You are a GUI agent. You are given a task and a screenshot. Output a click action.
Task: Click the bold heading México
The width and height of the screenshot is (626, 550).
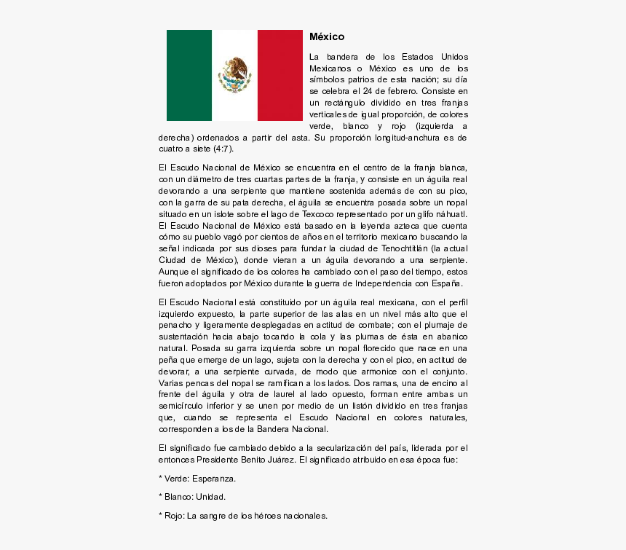(x=327, y=36)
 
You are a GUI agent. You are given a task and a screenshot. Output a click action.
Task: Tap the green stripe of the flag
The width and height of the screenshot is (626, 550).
(x=189, y=75)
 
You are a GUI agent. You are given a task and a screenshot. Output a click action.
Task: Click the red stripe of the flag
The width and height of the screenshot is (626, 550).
(x=280, y=75)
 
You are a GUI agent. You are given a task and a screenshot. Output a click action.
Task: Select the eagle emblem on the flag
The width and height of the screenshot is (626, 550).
(x=234, y=74)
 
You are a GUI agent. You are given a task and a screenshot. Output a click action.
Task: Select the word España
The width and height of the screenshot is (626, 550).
(x=447, y=283)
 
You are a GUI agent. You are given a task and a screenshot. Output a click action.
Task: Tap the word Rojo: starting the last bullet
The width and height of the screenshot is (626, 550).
(x=174, y=516)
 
